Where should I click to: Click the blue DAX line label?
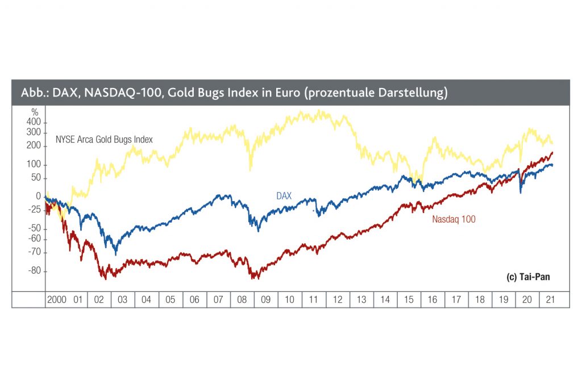pos(284,196)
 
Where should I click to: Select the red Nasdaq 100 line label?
pos(454,219)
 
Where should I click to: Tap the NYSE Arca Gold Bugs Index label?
pos(104,139)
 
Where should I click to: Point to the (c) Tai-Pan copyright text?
pos(528,277)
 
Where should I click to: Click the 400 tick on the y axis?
pos(34,122)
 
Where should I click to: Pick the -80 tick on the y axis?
pos(34,271)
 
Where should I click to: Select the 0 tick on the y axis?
pos(38,196)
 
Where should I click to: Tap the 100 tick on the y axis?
pos(34,165)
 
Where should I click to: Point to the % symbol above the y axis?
pos(35,112)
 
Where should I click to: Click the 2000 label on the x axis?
pos(57,299)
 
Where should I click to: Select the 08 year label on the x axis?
pos(242,299)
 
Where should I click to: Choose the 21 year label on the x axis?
pos(550,299)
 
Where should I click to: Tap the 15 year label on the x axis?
pos(409,299)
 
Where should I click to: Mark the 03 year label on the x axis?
pos(123,299)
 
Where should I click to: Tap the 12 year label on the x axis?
pos(338,299)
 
